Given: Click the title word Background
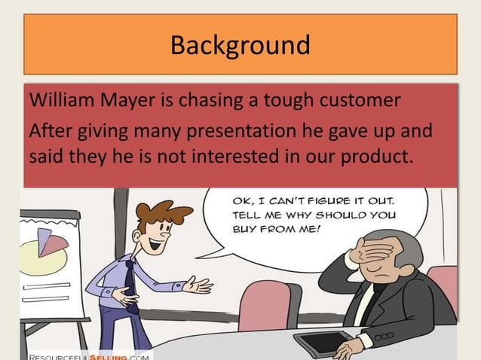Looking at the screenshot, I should tap(240, 45).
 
